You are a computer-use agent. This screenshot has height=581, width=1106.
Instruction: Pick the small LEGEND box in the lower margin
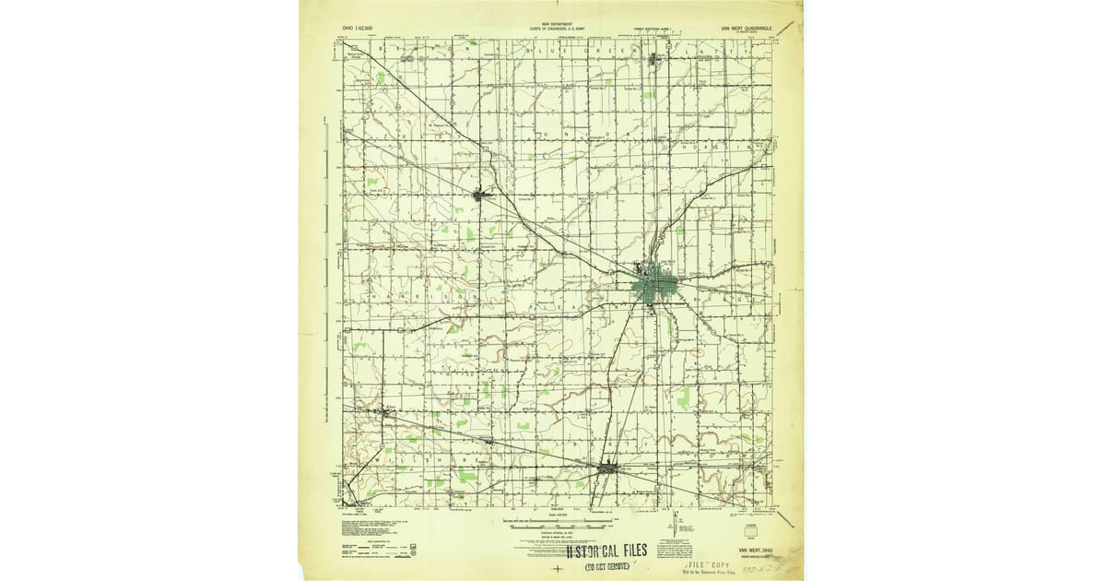[x=750, y=521]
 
